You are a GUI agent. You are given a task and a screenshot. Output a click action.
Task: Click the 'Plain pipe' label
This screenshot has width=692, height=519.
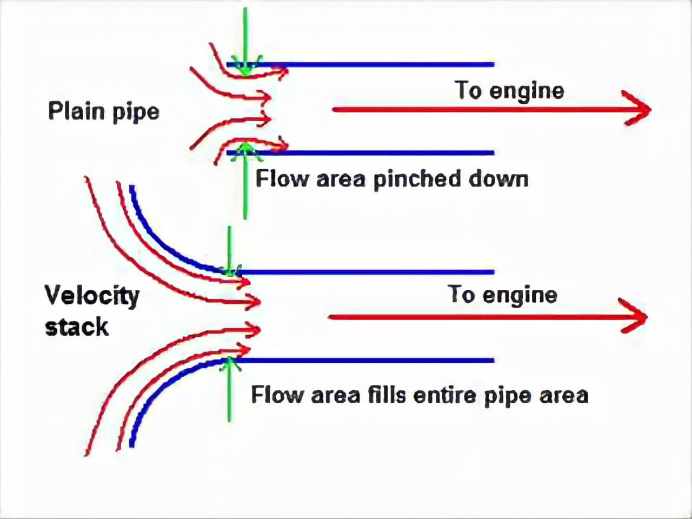(104, 111)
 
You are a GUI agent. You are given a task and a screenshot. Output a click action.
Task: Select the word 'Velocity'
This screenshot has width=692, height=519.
(92, 296)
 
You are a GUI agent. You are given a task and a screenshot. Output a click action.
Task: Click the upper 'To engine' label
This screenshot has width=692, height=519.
(509, 90)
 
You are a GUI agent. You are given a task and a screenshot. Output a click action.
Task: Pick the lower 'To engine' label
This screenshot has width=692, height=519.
(502, 295)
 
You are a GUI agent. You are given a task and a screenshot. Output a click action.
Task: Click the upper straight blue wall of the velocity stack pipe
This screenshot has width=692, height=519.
(378, 272)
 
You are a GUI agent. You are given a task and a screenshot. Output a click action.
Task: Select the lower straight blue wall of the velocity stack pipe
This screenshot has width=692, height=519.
(378, 360)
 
